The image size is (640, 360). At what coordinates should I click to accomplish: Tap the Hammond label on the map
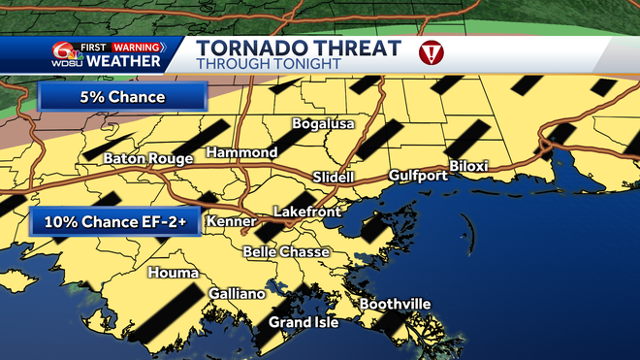242,152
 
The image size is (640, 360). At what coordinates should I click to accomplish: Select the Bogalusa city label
323,124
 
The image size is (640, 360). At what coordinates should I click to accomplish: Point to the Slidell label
335,177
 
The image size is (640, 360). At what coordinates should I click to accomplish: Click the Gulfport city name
418,176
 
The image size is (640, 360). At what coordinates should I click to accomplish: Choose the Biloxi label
468,166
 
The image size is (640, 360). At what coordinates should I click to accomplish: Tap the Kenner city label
231,222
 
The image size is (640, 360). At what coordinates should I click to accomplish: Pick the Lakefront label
304,211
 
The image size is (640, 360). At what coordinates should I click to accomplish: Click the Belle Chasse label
286,252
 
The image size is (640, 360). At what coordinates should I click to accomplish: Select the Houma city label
173,273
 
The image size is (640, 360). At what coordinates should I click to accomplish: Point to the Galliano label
237,293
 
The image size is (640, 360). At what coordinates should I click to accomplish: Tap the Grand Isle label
304,322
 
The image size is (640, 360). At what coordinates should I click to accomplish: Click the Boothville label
395,305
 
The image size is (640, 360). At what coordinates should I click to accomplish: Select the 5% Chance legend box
122,98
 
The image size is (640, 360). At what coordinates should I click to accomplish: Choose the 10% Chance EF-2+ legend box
116,222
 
